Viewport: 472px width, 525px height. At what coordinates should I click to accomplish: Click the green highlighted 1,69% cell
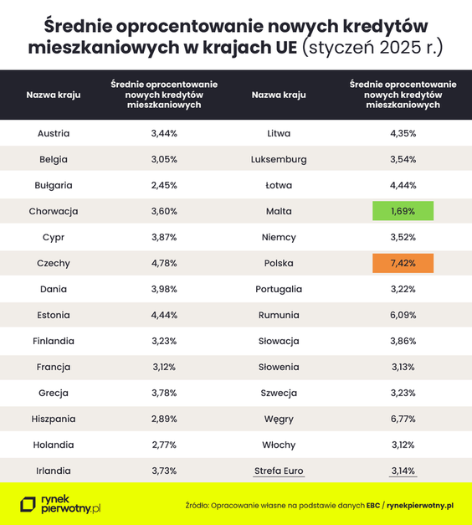point(403,211)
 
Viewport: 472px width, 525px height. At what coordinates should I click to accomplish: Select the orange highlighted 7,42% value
point(403,263)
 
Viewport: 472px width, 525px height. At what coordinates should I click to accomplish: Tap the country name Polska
point(279,263)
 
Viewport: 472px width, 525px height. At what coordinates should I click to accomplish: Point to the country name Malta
point(279,211)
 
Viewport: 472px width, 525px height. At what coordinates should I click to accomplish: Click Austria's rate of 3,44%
point(164,133)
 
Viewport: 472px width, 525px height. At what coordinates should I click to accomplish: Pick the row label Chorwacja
point(54,211)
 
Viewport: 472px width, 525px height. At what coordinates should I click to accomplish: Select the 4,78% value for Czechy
point(164,263)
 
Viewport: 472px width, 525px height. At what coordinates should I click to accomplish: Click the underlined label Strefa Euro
point(279,471)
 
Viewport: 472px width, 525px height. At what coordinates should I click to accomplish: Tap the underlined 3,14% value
point(403,471)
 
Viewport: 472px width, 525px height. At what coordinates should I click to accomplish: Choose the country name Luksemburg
point(279,159)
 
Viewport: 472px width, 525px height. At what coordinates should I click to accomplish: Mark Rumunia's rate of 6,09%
point(403,315)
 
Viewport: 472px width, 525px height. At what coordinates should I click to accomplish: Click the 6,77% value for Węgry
point(403,419)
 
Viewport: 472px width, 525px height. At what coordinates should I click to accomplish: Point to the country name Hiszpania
point(54,419)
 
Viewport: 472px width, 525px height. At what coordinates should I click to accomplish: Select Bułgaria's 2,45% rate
point(164,185)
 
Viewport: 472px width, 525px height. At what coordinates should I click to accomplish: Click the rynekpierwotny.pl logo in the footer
point(61,504)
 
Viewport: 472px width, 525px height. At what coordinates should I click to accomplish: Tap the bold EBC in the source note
point(372,506)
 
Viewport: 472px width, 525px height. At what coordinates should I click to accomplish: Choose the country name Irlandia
point(54,471)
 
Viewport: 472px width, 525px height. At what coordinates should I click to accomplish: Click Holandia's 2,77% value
point(164,445)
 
